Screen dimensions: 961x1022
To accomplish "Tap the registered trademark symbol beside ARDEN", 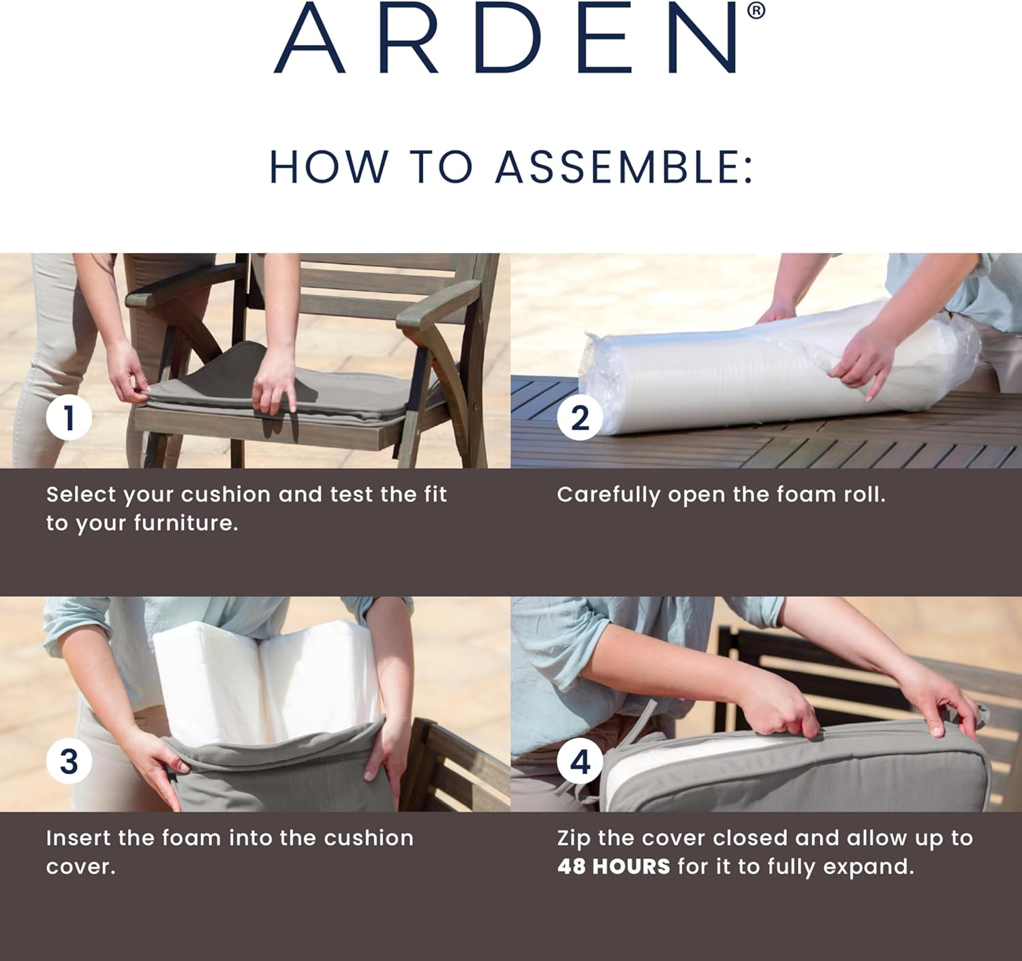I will (756, 11).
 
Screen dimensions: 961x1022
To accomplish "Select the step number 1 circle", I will (69, 418).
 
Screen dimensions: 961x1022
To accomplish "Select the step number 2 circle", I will (580, 418).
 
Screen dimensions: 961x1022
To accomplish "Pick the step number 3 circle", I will (69, 761).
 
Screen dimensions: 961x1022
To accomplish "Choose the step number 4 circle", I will (580, 761).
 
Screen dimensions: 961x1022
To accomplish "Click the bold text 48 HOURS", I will (613, 867).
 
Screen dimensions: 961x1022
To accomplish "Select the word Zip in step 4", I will (574, 838).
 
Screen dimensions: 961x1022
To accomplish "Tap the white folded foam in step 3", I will (266, 682).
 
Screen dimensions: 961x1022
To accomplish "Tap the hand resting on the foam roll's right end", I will (862, 361).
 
